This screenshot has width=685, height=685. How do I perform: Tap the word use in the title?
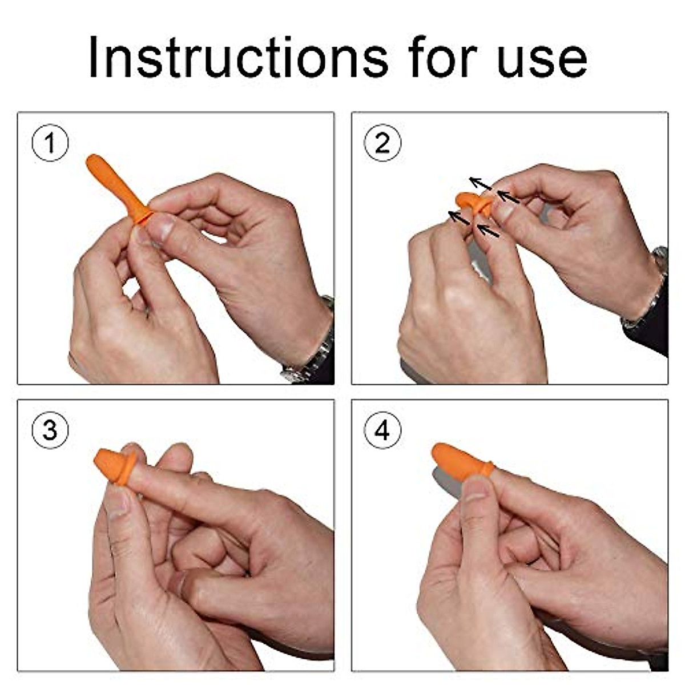(x=541, y=58)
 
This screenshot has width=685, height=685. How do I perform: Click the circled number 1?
(x=50, y=143)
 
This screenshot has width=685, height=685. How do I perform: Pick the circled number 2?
(x=382, y=143)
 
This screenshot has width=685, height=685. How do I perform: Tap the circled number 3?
(x=50, y=430)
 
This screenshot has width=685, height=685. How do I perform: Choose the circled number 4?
(x=382, y=430)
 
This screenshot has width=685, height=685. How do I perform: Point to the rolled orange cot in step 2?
(x=474, y=203)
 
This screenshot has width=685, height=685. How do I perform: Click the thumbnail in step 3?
(x=117, y=502)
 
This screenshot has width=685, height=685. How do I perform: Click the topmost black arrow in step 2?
(x=481, y=184)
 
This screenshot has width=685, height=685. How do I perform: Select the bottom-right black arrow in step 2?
(x=488, y=231)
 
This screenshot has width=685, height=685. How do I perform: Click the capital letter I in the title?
(x=94, y=57)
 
